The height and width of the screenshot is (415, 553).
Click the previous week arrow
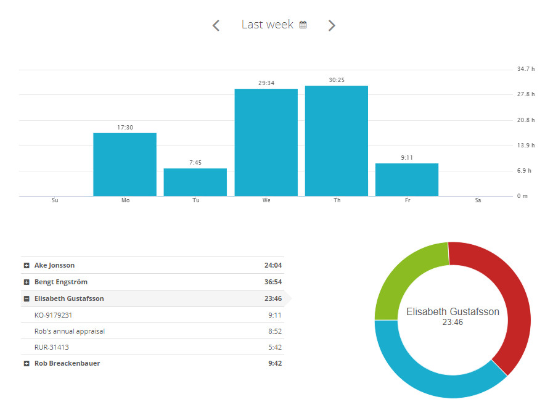tap(216, 25)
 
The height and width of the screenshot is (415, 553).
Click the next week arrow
tap(332, 25)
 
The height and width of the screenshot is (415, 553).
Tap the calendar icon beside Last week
tap(303, 25)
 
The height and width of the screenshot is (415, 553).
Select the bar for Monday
tap(125, 165)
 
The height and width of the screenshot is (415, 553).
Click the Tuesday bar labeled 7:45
tap(195, 182)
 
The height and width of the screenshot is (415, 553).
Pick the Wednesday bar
tap(266, 142)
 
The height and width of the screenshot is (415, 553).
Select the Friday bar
tap(407, 179)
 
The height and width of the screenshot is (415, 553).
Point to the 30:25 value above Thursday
tap(337, 80)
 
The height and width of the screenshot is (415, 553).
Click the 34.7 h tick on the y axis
tap(525, 69)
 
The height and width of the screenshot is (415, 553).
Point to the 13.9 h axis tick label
tap(525, 146)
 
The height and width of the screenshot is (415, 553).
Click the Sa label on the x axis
tap(478, 200)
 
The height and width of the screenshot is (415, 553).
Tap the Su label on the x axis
tap(55, 200)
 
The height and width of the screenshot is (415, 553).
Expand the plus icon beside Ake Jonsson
tap(27, 266)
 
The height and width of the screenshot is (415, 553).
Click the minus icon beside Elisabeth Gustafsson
tap(27, 299)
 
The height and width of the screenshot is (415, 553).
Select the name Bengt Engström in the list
tap(60, 282)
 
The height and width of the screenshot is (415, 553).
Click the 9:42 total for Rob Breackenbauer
tap(275, 364)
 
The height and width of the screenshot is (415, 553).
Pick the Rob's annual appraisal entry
tap(69, 331)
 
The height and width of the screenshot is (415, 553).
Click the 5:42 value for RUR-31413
tap(275, 347)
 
